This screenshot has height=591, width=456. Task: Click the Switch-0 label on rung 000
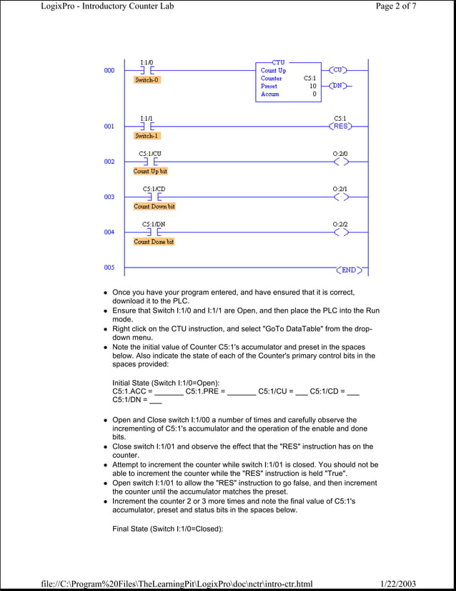147,80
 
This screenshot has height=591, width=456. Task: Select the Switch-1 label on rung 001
147,135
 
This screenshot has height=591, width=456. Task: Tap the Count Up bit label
151,171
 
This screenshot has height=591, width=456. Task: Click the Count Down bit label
154,206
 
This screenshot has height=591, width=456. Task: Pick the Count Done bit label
154,242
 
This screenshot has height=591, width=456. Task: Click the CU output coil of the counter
338,70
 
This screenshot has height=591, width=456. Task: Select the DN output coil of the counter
338,86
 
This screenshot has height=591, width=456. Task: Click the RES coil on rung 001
340,126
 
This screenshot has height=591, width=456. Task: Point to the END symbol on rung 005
348,270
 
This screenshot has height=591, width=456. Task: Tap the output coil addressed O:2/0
340,162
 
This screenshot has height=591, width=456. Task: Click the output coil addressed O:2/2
340,233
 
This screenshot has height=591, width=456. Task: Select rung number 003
109,197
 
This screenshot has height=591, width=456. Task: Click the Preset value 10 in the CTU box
312,86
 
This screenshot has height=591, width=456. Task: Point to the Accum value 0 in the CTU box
314,94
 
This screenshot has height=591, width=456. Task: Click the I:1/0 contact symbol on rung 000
147,71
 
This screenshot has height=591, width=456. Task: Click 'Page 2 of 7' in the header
395,6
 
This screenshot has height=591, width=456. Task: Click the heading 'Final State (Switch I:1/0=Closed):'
168,529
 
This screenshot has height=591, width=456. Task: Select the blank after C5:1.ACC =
169,392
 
